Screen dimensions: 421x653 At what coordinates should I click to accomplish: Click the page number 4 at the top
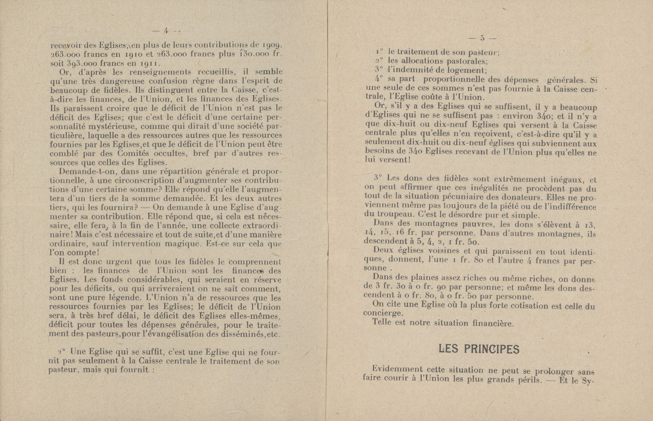[166, 31]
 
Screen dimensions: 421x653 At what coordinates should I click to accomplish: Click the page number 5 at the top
[482, 38]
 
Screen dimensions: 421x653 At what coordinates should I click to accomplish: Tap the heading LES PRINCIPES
[479, 349]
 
